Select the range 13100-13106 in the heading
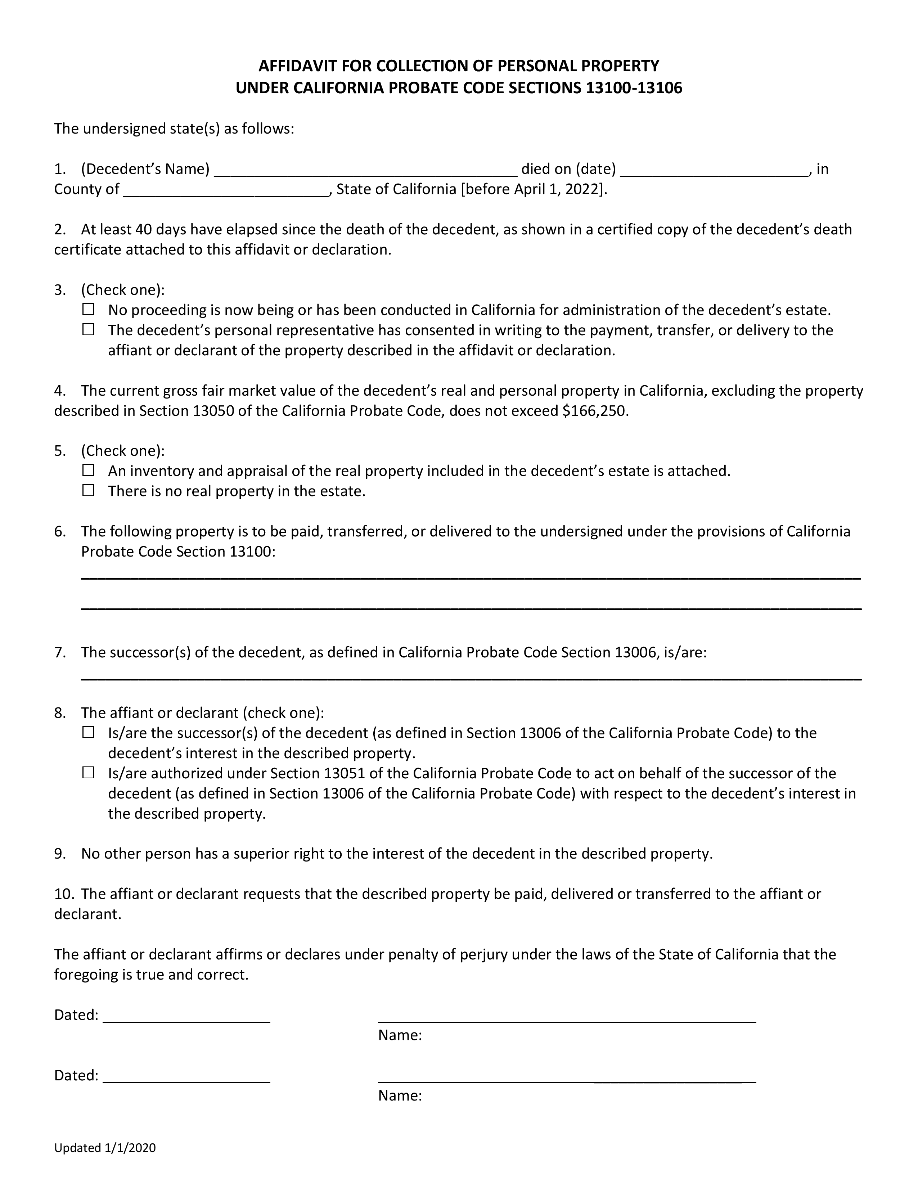tap(634, 88)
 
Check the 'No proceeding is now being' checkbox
tap(88, 310)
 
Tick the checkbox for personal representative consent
tap(88, 330)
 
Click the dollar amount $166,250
tap(595, 411)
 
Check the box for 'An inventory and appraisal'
tap(88, 470)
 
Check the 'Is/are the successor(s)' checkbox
tap(88, 732)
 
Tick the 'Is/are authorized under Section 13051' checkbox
tap(88, 773)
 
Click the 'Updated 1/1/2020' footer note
tap(105, 1148)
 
